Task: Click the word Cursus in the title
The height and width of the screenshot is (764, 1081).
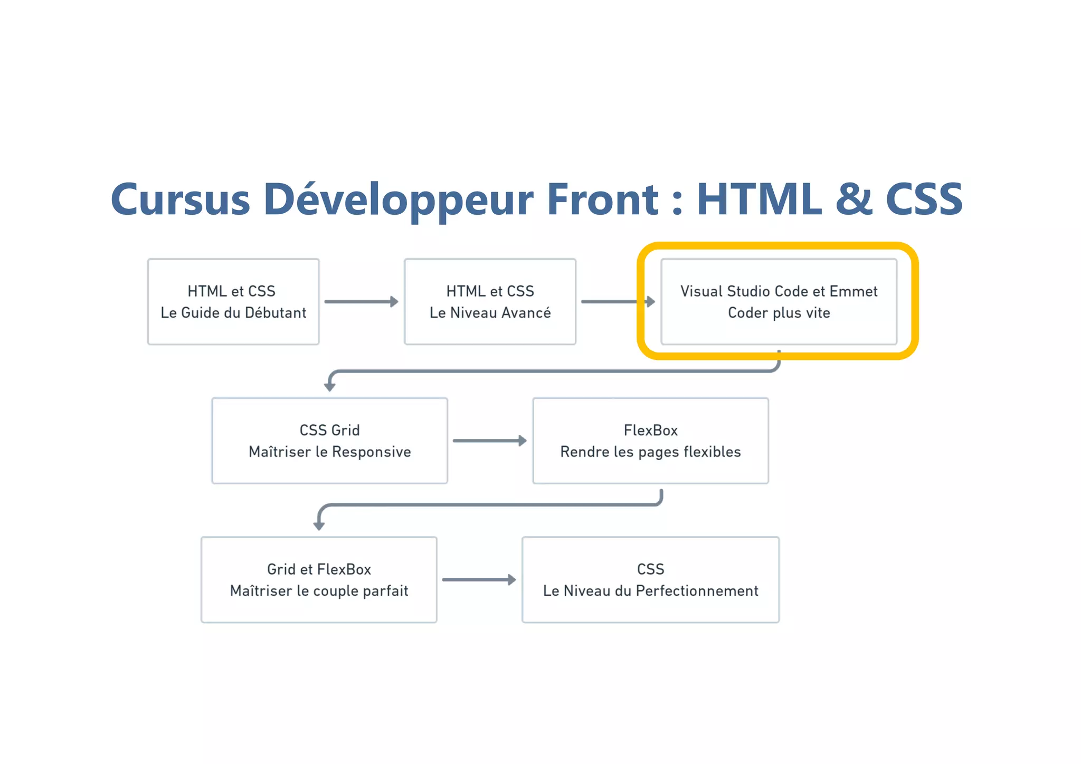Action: tap(180, 199)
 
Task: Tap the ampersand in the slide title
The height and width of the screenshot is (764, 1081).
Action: tap(854, 199)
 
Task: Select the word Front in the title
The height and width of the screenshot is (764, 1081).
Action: tap(602, 199)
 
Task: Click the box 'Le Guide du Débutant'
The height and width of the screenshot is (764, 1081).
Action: tap(233, 302)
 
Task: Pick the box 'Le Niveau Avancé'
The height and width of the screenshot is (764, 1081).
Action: tap(490, 302)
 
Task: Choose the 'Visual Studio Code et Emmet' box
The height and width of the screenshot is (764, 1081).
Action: tap(779, 302)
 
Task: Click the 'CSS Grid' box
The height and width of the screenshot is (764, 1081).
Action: tap(329, 441)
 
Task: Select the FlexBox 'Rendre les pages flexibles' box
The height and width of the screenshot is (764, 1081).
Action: tap(650, 441)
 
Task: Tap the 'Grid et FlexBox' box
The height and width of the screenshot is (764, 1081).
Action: tap(319, 580)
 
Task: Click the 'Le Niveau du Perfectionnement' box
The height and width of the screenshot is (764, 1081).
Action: tap(650, 580)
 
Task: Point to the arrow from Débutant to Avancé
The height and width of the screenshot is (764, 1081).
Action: tap(361, 302)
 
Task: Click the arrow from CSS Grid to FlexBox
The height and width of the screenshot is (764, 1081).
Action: tap(489, 441)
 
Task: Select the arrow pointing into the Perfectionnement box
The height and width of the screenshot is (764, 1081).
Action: tap(478, 580)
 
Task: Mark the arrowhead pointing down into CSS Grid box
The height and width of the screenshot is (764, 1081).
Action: tap(330, 387)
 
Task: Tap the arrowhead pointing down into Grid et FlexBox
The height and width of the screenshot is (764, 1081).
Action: tap(319, 526)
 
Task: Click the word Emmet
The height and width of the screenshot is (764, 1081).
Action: tap(853, 291)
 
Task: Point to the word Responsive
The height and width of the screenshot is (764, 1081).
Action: tap(371, 452)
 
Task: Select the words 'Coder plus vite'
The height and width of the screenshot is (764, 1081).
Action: tap(779, 313)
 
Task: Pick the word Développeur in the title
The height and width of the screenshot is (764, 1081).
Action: tap(398, 199)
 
